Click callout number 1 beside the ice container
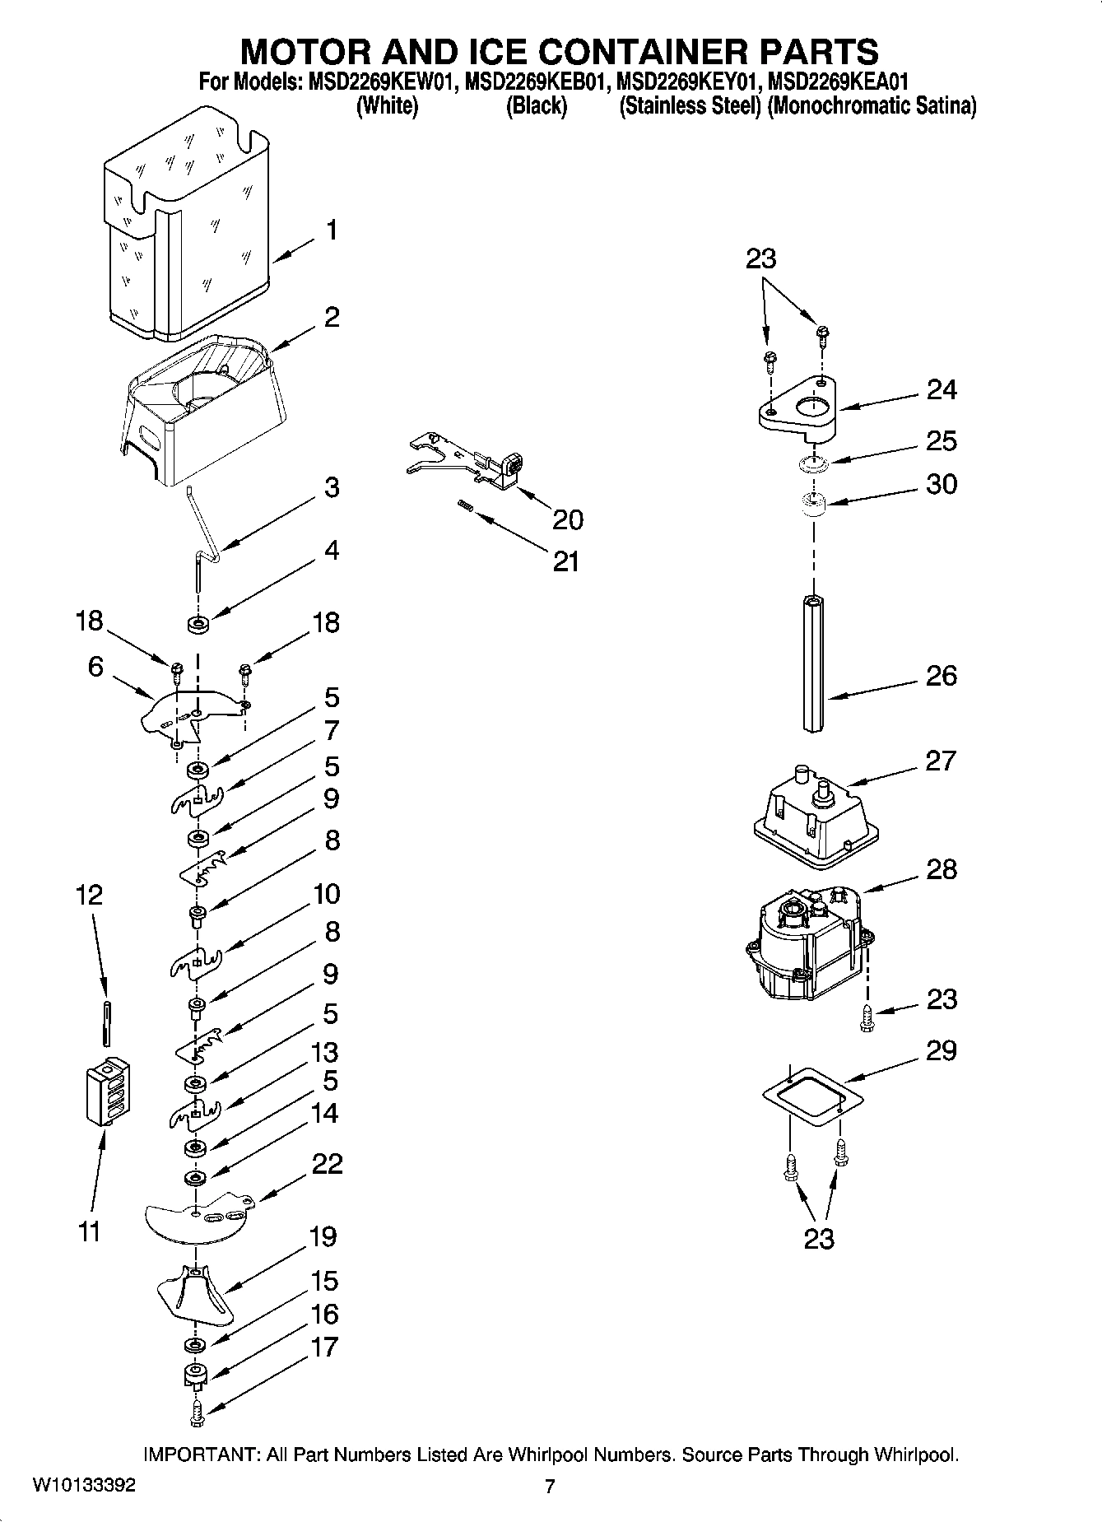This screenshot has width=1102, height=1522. (331, 230)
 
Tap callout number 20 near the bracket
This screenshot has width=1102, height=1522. (568, 519)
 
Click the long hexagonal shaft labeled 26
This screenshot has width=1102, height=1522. (814, 663)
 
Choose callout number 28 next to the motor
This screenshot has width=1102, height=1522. (942, 869)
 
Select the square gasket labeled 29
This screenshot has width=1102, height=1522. (811, 1096)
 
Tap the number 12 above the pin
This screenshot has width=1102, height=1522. (89, 895)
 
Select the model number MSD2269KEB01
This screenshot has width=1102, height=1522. (535, 83)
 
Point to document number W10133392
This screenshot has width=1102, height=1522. (84, 1486)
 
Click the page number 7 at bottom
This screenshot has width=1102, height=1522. (550, 1487)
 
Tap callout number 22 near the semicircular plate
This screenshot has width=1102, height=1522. (327, 1164)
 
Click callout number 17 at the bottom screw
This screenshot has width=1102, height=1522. (325, 1347)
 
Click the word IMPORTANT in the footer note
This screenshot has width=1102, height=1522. (200, 1455)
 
